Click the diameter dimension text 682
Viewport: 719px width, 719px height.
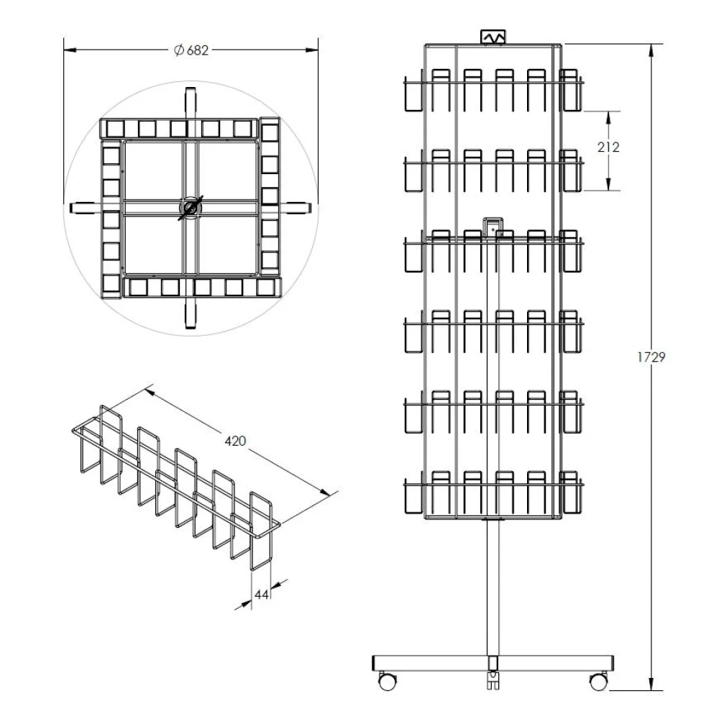(198, 50)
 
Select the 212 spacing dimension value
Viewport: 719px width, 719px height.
(608, 147)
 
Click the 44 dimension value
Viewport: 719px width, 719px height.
(261, 595)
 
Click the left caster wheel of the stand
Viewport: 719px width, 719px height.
(388, 680)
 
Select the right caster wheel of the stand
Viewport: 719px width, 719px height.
(598, 680)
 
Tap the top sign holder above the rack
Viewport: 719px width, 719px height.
(493, 37)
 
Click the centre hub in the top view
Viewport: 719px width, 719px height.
(191, 208)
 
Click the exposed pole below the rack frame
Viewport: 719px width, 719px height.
(493, 582)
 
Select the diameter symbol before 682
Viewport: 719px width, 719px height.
(179, 50)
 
